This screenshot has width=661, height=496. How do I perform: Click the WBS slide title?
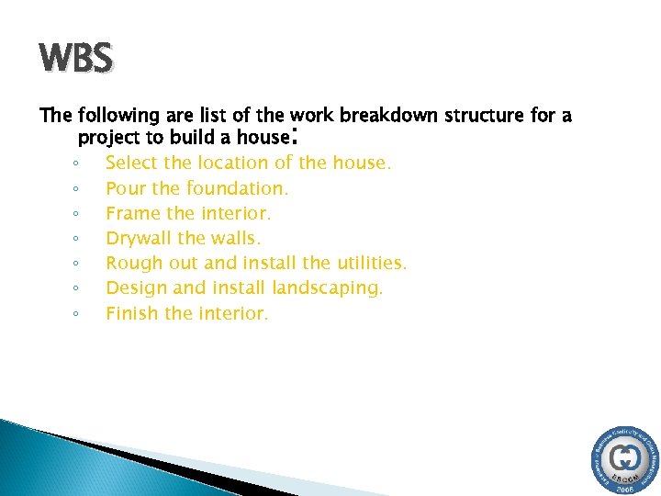[76, 59]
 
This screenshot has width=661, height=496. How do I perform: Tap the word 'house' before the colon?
[260, 138]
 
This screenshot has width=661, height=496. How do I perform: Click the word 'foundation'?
[237, 188]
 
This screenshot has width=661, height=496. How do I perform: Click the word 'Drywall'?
[139, 238]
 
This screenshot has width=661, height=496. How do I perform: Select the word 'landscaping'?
[329, 288]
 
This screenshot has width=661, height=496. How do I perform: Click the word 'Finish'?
[131, 313]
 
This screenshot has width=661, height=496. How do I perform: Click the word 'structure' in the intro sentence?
[484, 116]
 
